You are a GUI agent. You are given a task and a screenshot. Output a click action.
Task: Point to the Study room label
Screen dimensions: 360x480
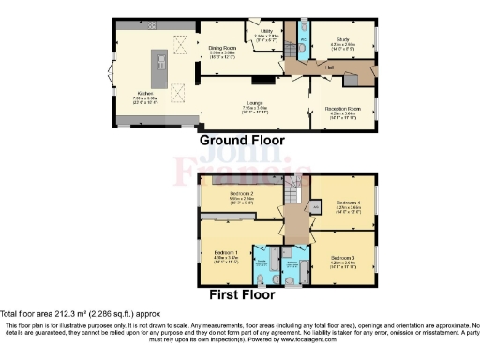344,40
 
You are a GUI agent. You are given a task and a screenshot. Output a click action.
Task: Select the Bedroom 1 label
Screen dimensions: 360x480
226,253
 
